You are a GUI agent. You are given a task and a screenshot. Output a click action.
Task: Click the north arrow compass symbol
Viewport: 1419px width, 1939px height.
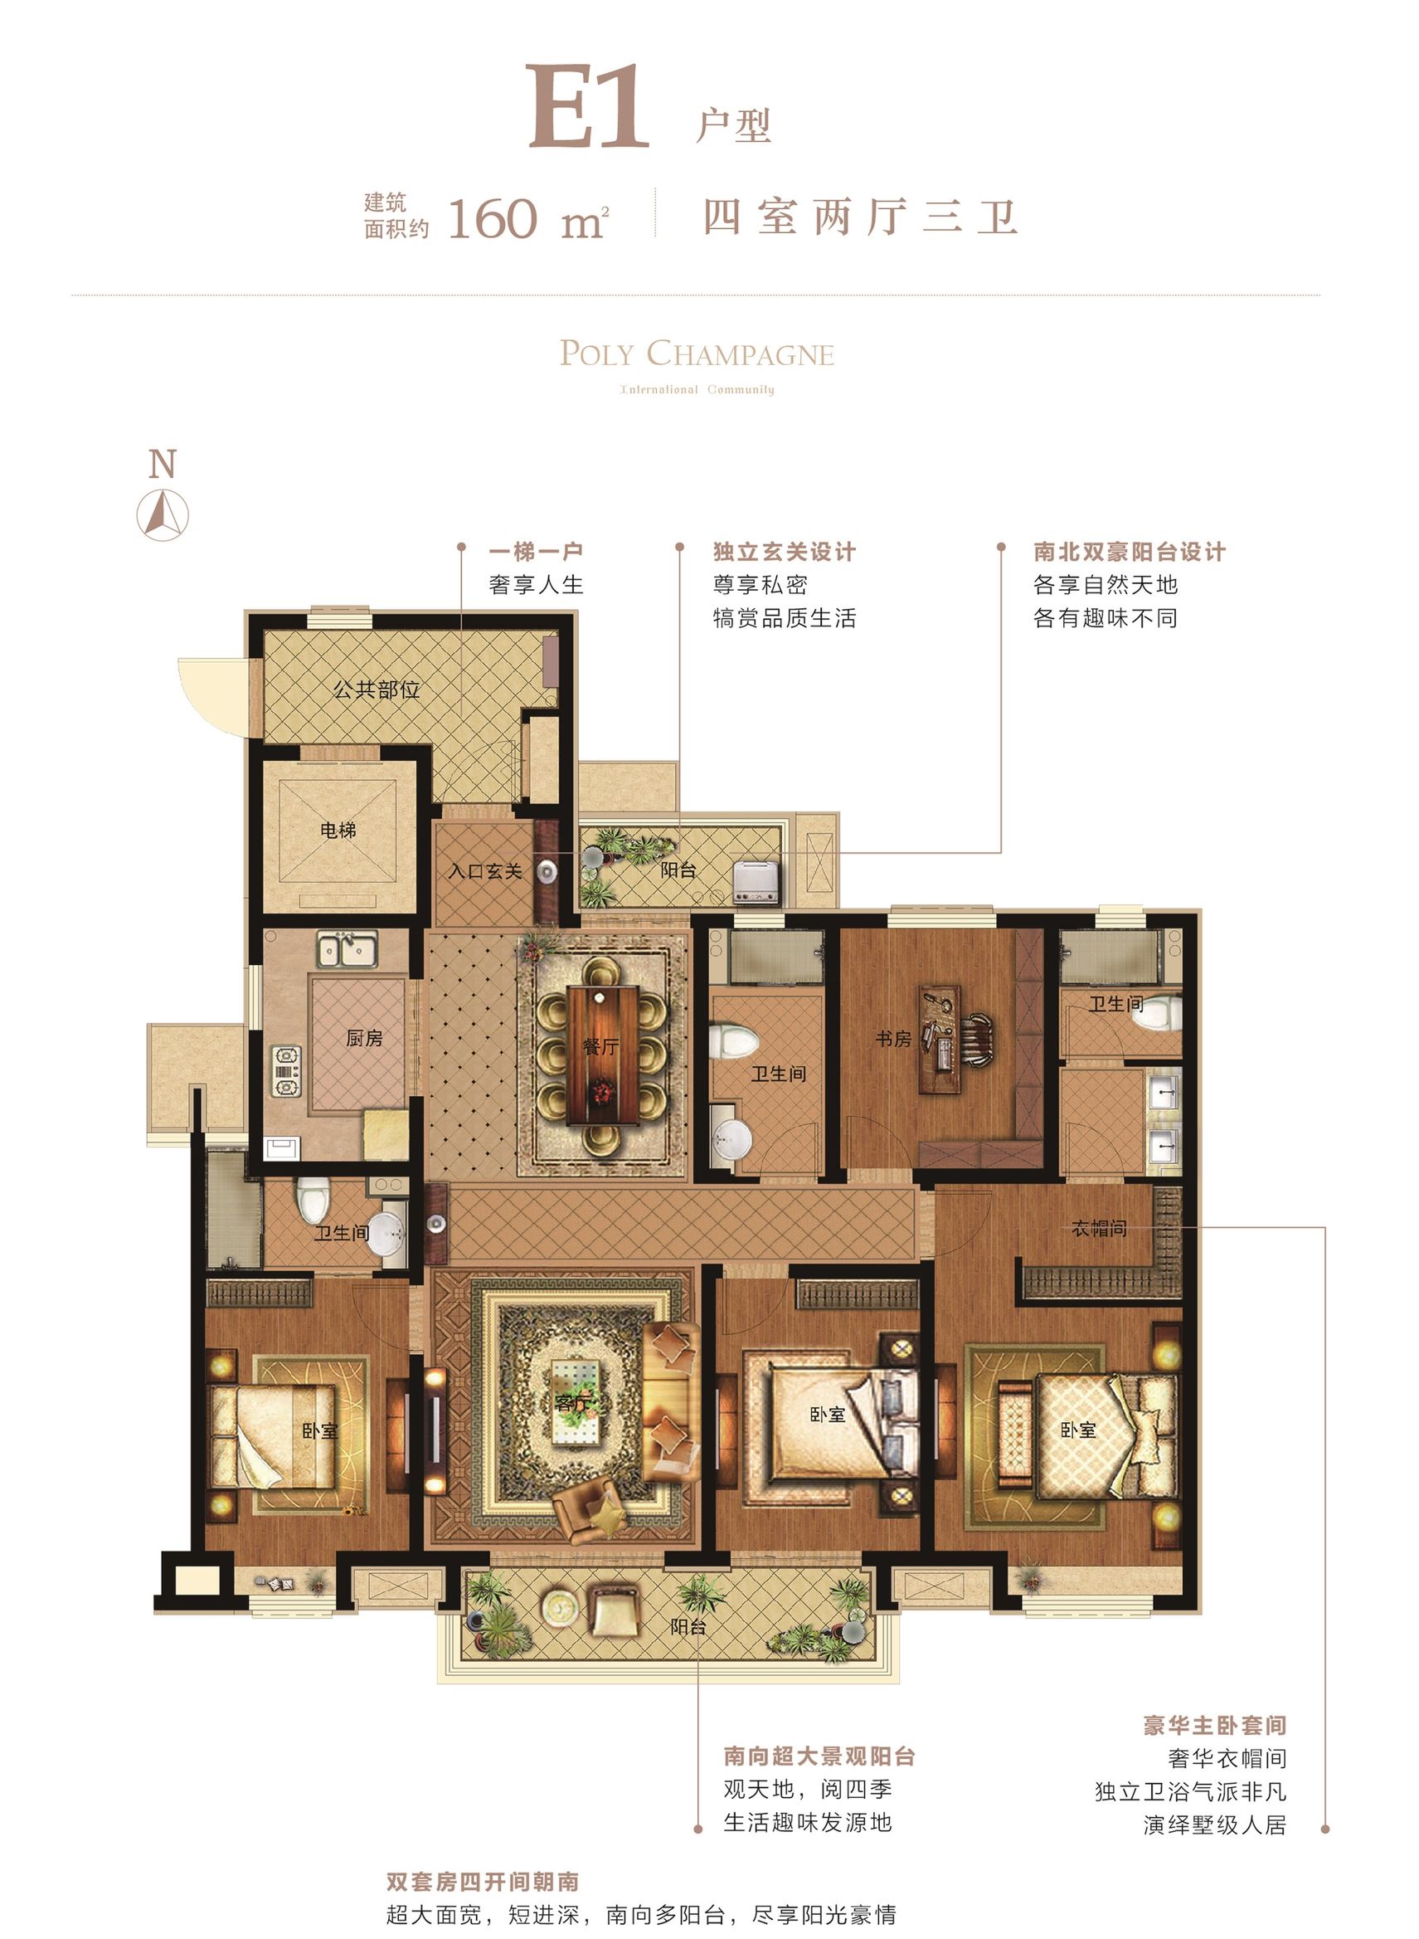point(163,514)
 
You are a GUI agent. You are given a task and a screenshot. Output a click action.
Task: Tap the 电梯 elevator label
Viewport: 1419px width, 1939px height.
point(338,830)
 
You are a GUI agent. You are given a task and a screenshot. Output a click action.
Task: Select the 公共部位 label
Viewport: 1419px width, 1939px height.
point(377,689)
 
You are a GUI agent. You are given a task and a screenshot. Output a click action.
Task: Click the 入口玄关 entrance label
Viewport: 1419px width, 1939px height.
point(485,871)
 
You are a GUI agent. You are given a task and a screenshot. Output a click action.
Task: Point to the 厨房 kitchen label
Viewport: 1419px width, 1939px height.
point(364,1038)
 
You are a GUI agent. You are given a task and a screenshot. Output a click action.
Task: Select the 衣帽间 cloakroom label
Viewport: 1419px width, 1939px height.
point(1099,1229)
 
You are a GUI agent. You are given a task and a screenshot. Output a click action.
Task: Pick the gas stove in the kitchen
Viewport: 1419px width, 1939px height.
point(287,1070)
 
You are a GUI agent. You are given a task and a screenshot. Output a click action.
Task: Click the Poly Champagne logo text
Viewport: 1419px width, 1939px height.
point(697,353)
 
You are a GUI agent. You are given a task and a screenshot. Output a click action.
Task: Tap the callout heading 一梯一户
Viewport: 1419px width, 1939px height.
point(536,552)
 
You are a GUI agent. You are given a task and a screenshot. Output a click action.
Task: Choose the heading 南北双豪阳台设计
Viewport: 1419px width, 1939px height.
point(1130,552)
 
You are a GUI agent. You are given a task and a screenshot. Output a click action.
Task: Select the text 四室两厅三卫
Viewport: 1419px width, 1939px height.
point(861,217)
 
